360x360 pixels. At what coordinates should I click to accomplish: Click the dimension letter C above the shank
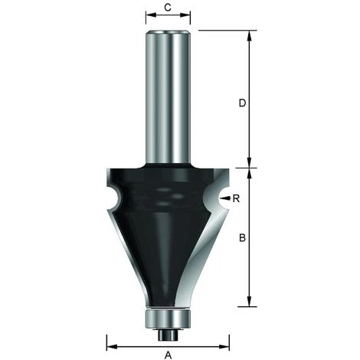coord(168,9)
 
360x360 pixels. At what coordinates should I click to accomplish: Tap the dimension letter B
coord(242,238)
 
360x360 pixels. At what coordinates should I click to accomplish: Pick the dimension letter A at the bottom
coord(168,354)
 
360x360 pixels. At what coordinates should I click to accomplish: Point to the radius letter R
coord(237,198)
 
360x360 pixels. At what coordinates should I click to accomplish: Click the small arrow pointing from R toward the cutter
coord(225,198)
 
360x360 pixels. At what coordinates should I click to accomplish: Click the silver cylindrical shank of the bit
coord(168,100)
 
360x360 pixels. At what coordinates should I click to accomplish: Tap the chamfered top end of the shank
coord(168,33)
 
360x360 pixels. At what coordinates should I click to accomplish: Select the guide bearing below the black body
coord(168,316)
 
